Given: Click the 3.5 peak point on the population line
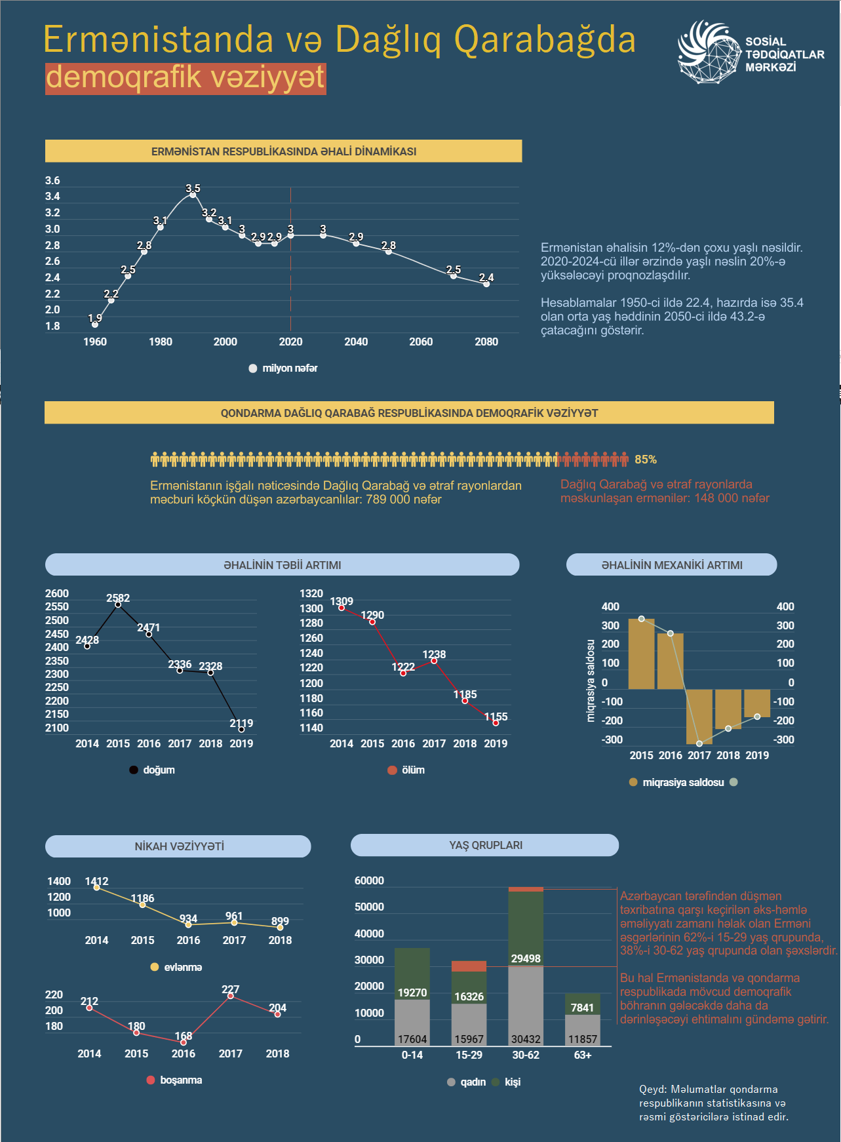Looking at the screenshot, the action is [193, 195].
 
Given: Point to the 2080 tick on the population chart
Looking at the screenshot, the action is [486, 342].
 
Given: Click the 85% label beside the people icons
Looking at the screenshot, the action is [646, 460].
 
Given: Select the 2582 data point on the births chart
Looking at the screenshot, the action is [118, 604].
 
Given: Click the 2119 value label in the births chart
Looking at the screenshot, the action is [241, 723].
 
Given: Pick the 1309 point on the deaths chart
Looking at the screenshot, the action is [342, 608].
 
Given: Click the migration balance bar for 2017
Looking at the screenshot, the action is [699, 717].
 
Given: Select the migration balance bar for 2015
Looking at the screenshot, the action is [641, 654].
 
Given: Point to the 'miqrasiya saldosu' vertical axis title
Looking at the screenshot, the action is [591, 681].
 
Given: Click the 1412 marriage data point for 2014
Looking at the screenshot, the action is [97, 888].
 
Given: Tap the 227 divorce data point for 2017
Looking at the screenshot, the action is [231, 996].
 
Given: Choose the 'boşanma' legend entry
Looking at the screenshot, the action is [174, 1080].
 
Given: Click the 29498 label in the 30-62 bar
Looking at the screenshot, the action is [526, 958].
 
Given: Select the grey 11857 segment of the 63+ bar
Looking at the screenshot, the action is [583, 1030].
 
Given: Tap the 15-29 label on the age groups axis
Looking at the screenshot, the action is [469, 1055].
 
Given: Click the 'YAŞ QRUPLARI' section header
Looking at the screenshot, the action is [486, 845].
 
